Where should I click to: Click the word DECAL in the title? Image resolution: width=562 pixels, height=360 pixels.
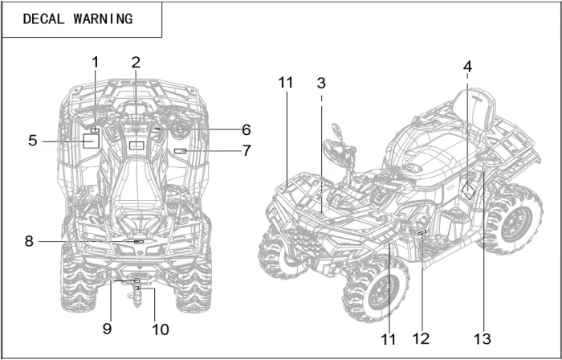tap(44, 19)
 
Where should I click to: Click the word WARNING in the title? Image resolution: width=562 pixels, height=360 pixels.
tap(101, 19)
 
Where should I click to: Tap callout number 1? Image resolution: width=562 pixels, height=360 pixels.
tap(95, 63)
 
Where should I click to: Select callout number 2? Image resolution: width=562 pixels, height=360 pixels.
tap(136, 63)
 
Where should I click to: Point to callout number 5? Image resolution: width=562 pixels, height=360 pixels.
tap(32, 141)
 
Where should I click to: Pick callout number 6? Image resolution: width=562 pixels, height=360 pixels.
tap(246, 129)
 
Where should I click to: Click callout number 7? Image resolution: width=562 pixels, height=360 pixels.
tap(246, 150)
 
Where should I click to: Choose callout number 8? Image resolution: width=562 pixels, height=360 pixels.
tap(29, 241)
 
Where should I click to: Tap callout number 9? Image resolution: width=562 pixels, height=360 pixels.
tap(107, 328)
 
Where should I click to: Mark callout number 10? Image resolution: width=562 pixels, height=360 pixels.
tap(160, 329)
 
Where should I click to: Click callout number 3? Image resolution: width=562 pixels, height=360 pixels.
tap(321, 83)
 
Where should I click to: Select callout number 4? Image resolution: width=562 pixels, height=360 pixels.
tap(467, 66)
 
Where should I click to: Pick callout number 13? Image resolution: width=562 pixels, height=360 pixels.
tap(483, 339)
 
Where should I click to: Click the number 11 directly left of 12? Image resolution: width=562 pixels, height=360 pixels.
tap(389, 339)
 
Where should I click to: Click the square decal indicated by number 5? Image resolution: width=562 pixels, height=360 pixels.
tap(91, 141)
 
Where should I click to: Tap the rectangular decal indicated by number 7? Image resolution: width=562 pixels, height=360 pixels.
tap(181, 151)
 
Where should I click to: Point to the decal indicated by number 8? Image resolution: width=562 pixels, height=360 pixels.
tap(138, 241)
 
